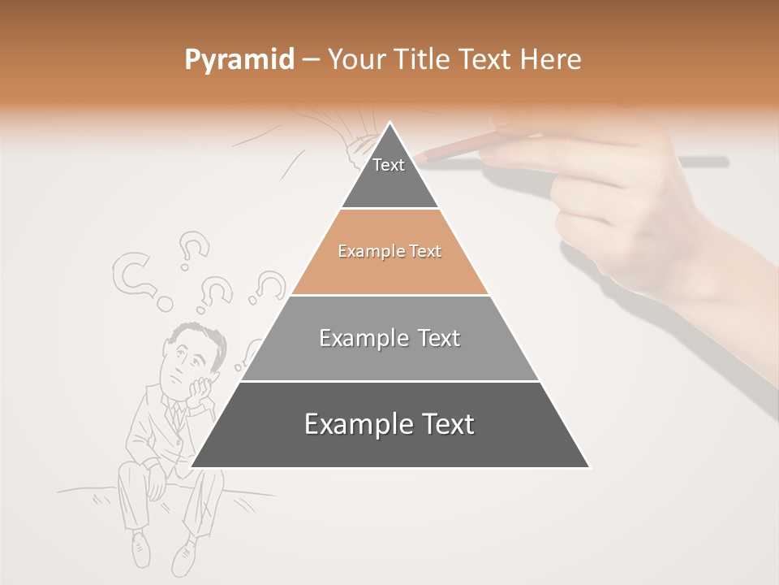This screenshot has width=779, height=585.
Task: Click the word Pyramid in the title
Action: (x=239, y=60)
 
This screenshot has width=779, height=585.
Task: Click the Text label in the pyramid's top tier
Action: (x=389, y=165)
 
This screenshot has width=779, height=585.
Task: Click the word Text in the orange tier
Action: (x=425, y=251)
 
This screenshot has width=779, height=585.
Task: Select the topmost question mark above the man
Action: (x=192, y=248)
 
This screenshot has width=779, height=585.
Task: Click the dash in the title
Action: (x=311, y=60)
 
